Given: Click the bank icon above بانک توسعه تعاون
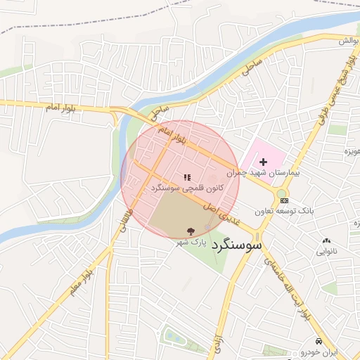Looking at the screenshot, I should point(283,200).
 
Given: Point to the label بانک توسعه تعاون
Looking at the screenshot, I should point(285,211).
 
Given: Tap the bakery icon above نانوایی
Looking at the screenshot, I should point(326,240).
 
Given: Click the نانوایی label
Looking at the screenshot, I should point(326,250).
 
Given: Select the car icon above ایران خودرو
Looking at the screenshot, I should point(319,340).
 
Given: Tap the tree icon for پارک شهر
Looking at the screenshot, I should point(190,231).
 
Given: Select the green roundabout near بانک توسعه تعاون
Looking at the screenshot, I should point(281,193).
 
